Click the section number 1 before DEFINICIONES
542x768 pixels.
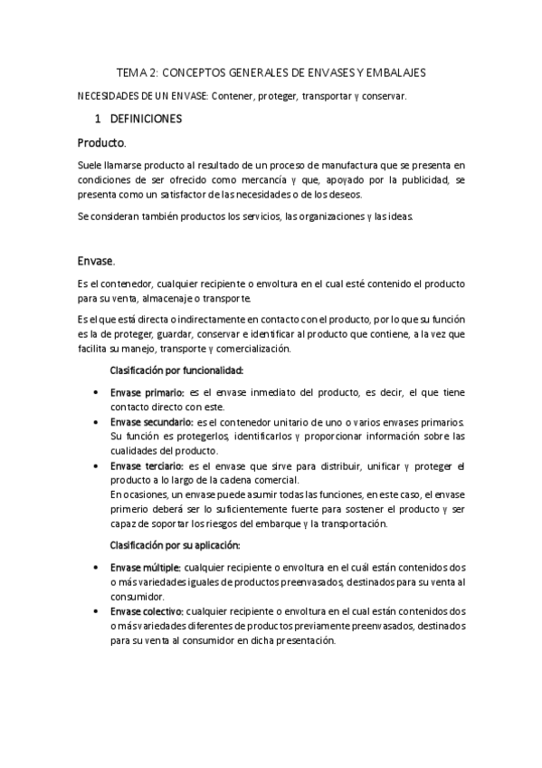coord(98,119)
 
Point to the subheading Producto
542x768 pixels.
coord(102,143)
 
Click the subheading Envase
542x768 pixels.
coord(96,261)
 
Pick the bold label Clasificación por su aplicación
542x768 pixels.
coord(175,545)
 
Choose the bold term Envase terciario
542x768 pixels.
coord(148,466)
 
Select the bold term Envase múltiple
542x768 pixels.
coord(146,567)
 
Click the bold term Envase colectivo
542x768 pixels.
coord(147,611)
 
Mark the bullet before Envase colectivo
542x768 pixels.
coord(97,612)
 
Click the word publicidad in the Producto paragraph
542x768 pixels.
coord(419,179)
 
